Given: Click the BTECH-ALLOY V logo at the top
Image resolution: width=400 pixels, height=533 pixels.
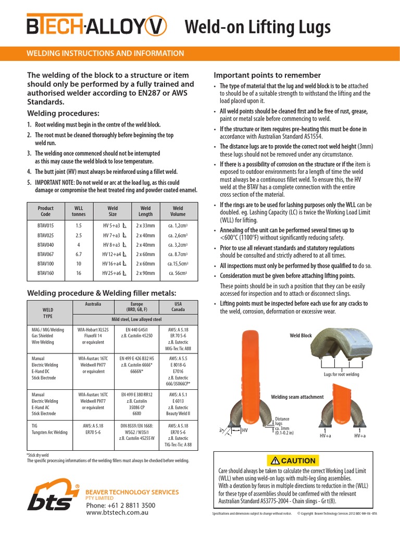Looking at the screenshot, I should [97, 26].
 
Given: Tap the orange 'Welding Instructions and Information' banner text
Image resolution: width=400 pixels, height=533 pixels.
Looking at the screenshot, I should [105, 54].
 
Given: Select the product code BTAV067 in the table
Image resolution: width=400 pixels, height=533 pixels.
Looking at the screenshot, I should [46, 254].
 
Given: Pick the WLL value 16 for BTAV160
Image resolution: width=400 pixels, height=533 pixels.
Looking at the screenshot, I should [79, 273].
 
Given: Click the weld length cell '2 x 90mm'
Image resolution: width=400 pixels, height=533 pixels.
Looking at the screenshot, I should [146, 273].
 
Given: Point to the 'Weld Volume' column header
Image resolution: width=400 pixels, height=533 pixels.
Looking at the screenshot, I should [178, 211].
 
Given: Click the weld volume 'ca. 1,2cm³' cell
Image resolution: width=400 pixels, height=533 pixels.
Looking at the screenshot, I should [178, 226].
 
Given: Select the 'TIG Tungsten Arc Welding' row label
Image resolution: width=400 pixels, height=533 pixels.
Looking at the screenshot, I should [49, 429].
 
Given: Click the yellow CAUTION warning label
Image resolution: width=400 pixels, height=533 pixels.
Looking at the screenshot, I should [291, 460].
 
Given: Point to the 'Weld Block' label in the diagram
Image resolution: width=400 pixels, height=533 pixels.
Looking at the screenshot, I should [301, 336].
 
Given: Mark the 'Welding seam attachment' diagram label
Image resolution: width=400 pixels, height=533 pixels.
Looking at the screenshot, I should [297, 397].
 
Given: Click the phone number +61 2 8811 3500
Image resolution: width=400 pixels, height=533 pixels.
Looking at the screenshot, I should [120, 505].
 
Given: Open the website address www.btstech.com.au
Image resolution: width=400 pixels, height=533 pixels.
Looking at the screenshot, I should [118, 513].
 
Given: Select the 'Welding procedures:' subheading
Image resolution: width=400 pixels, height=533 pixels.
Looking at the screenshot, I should [63, 113].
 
